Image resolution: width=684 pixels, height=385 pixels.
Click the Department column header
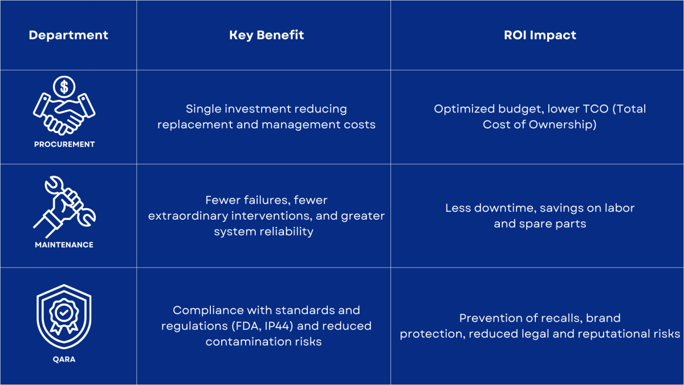[68, 35]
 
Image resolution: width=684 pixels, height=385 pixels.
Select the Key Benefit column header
[267, 35]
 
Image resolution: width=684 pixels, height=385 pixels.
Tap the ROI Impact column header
[540, 35]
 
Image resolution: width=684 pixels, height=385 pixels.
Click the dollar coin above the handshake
[64, 87]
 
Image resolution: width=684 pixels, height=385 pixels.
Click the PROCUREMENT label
[64, 144]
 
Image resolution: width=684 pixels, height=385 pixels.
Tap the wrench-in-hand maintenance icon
[64, 207]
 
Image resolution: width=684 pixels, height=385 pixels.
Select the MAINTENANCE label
[64, 245]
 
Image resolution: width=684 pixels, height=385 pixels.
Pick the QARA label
[64, 359]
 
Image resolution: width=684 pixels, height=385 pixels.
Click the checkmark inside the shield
[64, 313]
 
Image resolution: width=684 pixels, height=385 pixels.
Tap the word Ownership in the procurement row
[563, 125]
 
